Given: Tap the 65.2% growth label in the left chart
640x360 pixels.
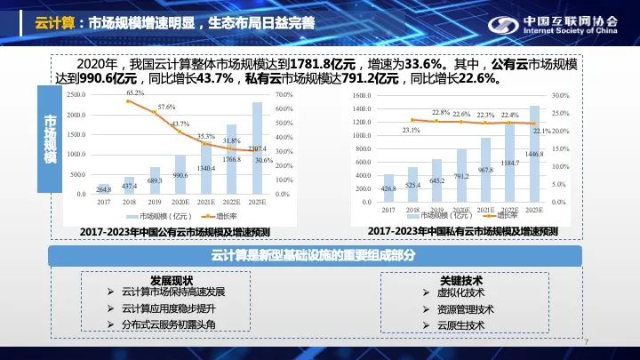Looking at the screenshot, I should (135, 92).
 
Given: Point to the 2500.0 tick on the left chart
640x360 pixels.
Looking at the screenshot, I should (76, 94).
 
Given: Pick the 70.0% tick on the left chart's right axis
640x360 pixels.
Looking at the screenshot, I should (284, 94).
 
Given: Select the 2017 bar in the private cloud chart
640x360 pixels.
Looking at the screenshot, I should (388, 188).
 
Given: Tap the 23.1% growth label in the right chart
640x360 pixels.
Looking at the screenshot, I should (411, 130).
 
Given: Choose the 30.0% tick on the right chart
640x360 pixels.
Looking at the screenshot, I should (560, 95).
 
